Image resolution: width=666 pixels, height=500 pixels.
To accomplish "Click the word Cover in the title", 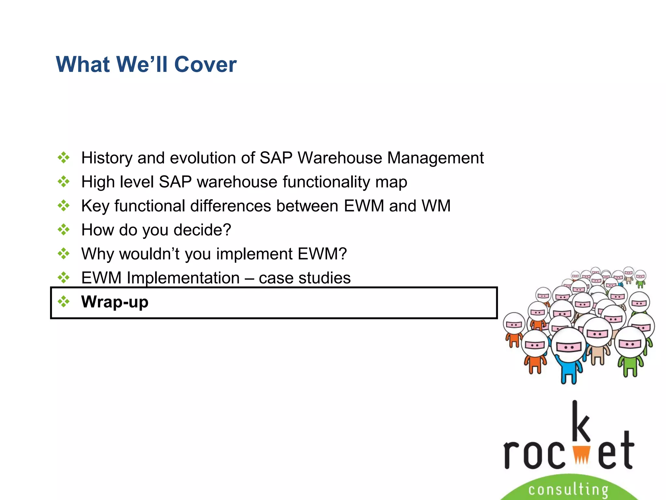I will (205, 64).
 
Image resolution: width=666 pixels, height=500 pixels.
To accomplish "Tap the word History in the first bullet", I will (107, 158).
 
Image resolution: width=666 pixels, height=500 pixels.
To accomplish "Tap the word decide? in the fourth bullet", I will (202, 230).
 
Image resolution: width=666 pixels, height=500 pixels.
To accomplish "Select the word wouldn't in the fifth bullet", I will (149, 254).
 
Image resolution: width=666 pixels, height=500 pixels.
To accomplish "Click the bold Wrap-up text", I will (115, 302).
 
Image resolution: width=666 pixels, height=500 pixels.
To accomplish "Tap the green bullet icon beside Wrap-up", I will (64, 302).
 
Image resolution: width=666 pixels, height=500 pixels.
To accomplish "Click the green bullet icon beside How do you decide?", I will (64, 230).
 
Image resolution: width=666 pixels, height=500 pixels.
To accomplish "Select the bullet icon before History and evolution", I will (64, 158).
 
